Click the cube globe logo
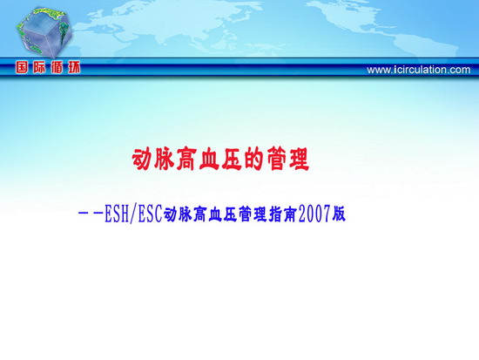coord(44,33)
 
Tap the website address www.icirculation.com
coord(419,70)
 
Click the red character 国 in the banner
coord(22,67)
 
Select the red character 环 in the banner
coord(74,67)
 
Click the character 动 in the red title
coord(142,159)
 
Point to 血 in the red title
coord(210,159)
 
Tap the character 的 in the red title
coord(254,159)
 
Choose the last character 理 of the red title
coord(299,159)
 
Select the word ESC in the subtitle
coord(150,214)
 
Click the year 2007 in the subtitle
coord(315,214)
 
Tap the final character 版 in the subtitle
coord(339,214)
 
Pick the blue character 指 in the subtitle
coord(275,214)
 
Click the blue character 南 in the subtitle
coord(291,214)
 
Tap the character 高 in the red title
coord(187,159)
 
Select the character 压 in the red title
coord(232,159)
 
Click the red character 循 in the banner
coord(57,67)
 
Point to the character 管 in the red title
coord(276,159)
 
